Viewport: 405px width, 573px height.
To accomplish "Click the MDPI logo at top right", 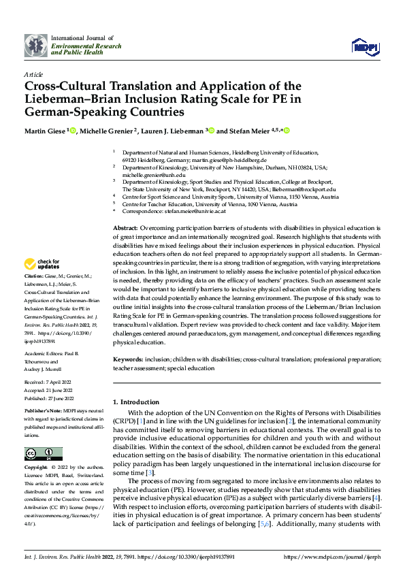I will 364,46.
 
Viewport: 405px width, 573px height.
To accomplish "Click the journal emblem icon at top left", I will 36,46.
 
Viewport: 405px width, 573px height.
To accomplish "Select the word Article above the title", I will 33,74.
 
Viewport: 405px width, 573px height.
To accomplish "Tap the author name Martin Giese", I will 45,131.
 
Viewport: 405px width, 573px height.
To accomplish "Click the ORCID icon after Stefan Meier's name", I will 287,131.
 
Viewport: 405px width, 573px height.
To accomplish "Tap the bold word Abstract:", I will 125,227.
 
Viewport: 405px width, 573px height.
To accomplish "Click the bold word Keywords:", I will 128,358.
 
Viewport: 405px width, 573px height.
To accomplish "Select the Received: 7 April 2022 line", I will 50,383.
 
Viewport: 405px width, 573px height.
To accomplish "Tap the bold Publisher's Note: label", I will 45,412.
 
